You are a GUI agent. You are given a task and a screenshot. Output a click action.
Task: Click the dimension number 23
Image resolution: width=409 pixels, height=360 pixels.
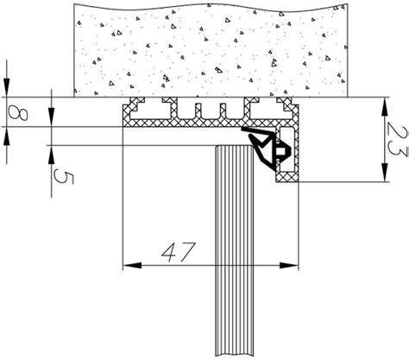[x=397, y=140]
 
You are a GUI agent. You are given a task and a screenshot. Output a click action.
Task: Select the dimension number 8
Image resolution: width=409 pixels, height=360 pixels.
[x=18, y=112]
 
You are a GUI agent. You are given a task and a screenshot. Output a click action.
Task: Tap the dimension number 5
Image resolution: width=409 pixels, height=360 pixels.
[x=64, y=175]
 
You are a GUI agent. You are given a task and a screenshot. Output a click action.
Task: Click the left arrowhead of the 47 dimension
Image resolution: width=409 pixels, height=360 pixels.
[x=132, y=265]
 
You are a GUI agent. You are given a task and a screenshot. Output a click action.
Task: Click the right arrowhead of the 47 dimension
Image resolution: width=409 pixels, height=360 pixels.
[x=289, y=265]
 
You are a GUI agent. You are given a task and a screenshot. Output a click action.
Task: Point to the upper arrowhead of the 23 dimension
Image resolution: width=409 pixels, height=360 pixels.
[x=385, y=107]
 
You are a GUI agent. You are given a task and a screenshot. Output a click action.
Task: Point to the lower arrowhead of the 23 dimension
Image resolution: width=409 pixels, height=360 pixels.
[x=385, y=173]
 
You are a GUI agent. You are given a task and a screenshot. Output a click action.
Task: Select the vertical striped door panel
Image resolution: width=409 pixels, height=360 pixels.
[x=235, y=250]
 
